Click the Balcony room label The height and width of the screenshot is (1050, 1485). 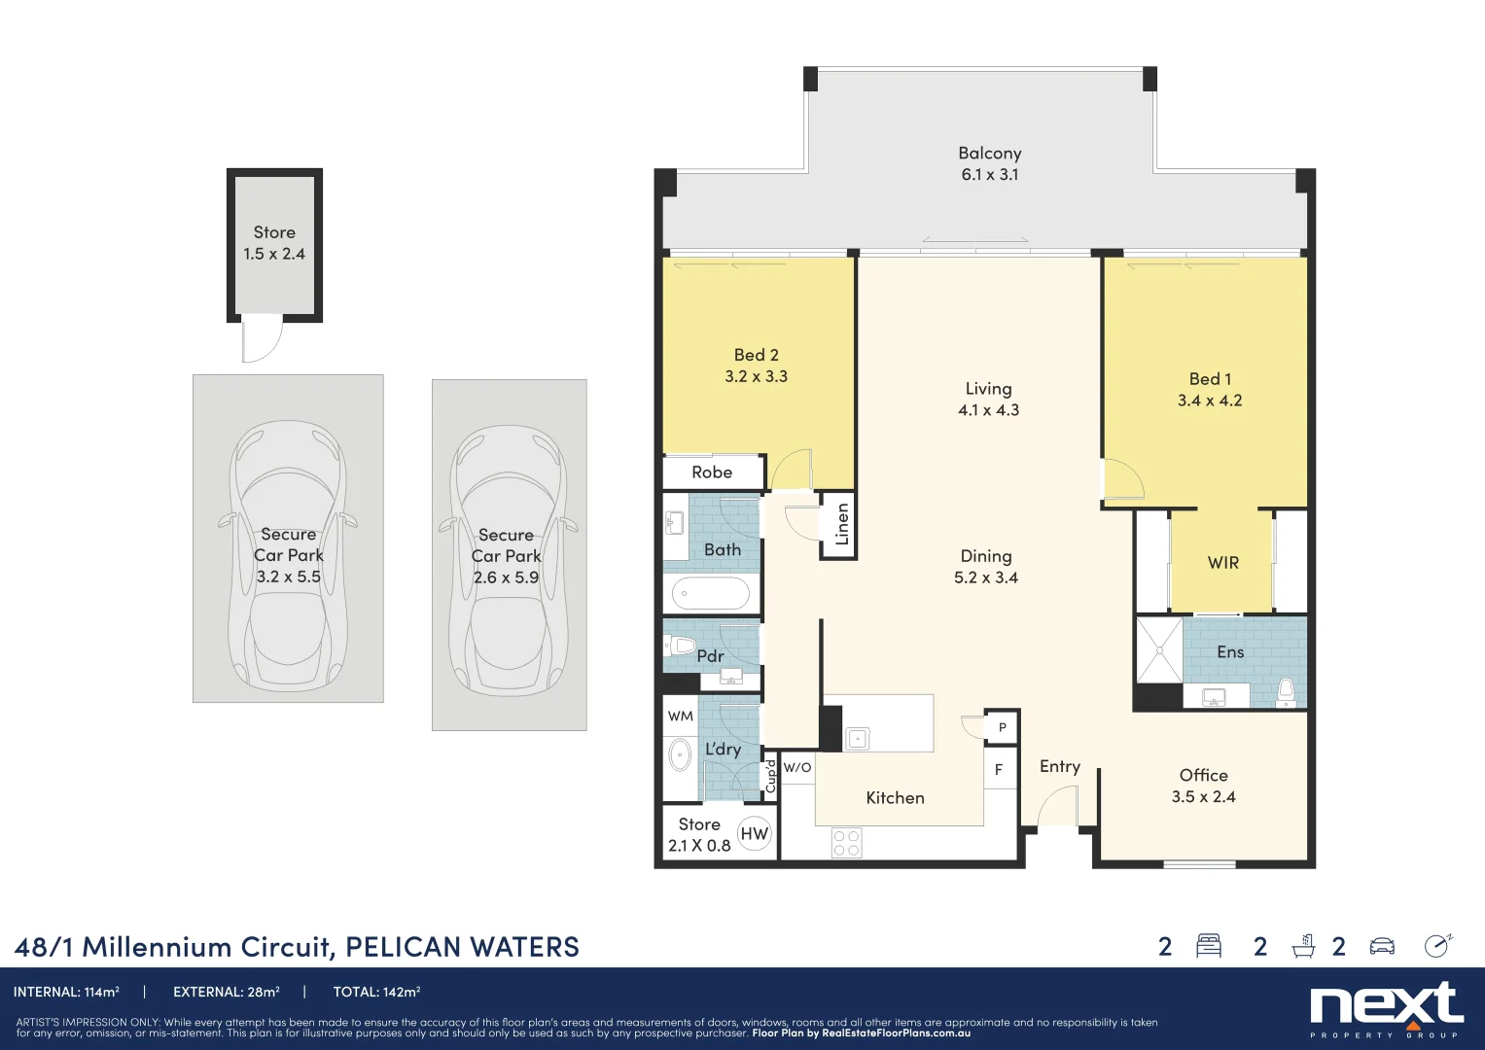click(989, 154)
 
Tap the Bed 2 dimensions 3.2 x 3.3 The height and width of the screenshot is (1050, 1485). click(756, 377)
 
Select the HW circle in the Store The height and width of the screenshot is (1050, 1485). click(754, 833)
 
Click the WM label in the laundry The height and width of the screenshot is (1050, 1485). click(680, 717)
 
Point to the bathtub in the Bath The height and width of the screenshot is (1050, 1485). click(711, 592)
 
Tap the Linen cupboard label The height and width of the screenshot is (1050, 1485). click(842, 524)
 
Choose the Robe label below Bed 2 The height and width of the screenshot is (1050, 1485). click(712, 472)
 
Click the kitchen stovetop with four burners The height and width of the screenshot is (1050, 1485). click(846, 843)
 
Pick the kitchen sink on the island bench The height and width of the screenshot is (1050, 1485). click(857, 739)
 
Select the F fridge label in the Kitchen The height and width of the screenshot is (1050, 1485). click(998, 770)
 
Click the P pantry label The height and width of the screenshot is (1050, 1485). click(1003, 727)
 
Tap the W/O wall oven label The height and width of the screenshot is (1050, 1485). click(797, 768)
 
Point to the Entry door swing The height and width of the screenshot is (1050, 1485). click(1057, 806)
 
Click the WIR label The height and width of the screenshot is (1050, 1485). click(1222, 563)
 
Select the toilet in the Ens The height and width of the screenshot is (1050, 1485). click(1286, 691)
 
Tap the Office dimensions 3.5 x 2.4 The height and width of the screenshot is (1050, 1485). click(1203, 797)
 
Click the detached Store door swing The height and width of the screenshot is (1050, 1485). click(261, 340)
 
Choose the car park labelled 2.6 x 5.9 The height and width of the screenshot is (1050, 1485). click(509, 555)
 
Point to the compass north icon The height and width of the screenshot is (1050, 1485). click(1437, 946)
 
